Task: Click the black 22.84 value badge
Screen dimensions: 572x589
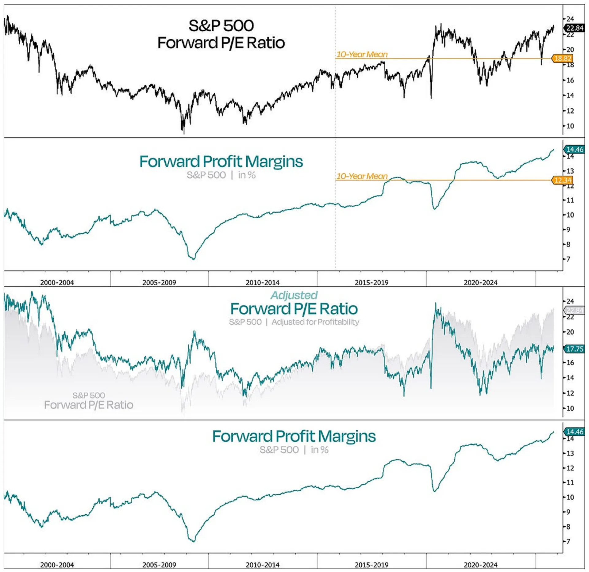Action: click(x=574, y=28)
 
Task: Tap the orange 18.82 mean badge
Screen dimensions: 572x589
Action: click(x=563, y=58)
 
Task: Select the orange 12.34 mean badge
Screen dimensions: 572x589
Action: click(x=563, y=180)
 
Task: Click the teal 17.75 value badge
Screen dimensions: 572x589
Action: click(x=574, y=349)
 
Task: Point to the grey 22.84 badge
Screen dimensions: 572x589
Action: click(x=574, y=310)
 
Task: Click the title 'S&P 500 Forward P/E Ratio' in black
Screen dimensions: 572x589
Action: click(x=221, y=34)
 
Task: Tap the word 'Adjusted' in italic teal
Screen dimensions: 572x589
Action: click(x=294, y=295)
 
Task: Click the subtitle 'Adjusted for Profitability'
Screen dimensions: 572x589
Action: click(x=315, y=322)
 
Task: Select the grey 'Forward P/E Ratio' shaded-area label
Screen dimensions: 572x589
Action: click(x=89, y=405)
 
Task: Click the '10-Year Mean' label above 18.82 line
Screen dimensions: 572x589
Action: click(x=362, y=54)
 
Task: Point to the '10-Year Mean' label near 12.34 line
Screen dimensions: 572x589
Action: click(x=362, y=176)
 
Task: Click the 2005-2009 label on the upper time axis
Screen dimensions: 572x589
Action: click(x=159, y=282)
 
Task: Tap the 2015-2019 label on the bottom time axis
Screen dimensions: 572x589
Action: click(x=371, y=565)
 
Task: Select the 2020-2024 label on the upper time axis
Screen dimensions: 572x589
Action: click(x=480, y=282)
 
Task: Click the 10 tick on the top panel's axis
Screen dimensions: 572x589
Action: click(x=570, y=126)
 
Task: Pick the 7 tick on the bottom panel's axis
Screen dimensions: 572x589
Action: click(x=568, y=541)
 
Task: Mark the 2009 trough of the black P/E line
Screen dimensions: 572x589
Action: click(x=184, y=133)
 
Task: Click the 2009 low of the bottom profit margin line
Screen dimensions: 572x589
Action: click(x=193, y=541)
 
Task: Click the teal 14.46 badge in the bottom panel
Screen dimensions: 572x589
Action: click(x=574, y=432)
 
